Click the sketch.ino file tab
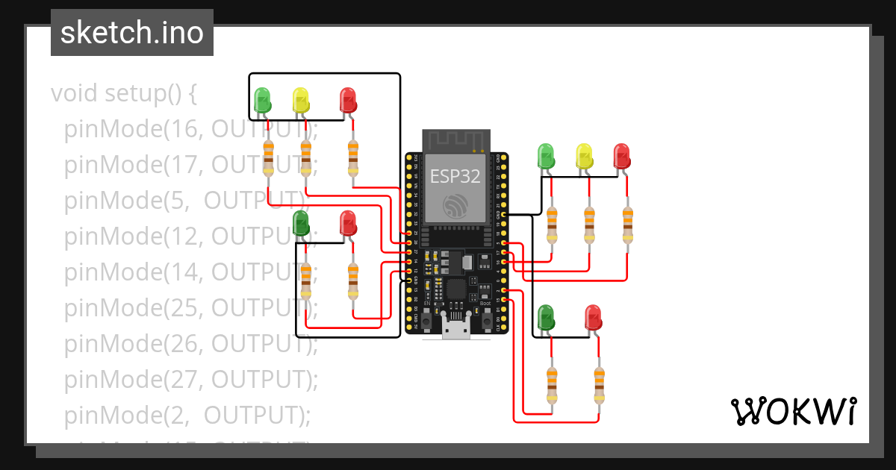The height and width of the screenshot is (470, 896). [132, 33]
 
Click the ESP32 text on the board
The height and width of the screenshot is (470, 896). [455, 176]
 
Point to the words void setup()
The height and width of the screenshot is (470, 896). [124, 94]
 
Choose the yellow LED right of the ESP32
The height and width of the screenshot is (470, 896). [584, 157]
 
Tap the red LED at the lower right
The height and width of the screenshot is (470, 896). [593, 317]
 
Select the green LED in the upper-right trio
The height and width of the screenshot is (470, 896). [547, 157]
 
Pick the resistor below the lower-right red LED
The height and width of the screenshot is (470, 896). [599, 384]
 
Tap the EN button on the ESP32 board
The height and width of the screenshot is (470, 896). [427, 320]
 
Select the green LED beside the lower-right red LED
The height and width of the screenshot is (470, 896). [547, 317]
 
